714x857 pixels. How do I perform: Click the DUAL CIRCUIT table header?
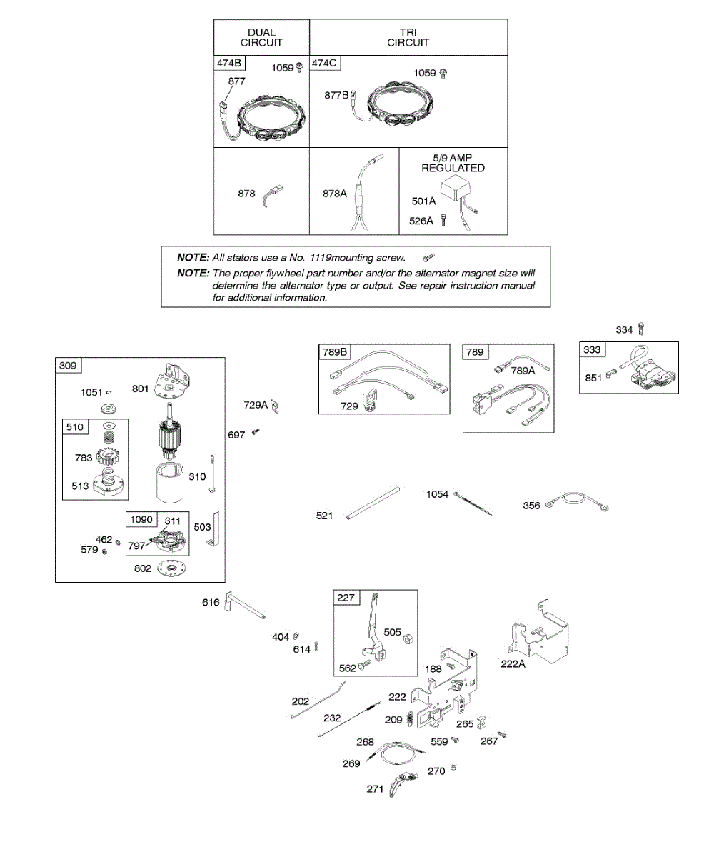(x=261, y=37)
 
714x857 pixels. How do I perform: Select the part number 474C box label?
(x=324, y=64)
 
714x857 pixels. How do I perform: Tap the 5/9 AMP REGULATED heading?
(x=453, y=163)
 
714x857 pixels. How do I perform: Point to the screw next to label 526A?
(x=443, y=221)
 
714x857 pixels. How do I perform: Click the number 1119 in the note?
(x=320, y=258)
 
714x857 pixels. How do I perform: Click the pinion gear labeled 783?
(x=107, y=456)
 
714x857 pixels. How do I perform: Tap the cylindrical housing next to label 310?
(x=170, y=483)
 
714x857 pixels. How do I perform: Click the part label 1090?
(x=141, y=520)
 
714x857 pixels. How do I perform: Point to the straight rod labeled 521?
(x=373, y=503)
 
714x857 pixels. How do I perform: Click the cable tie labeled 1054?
(x=473, y=504)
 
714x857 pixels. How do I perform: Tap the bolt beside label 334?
(x=641, y=329)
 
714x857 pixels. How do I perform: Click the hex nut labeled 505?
(x=408, y=639)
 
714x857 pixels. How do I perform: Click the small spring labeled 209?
(x=409, y=718)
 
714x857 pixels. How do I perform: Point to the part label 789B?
(x=335, y=352)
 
